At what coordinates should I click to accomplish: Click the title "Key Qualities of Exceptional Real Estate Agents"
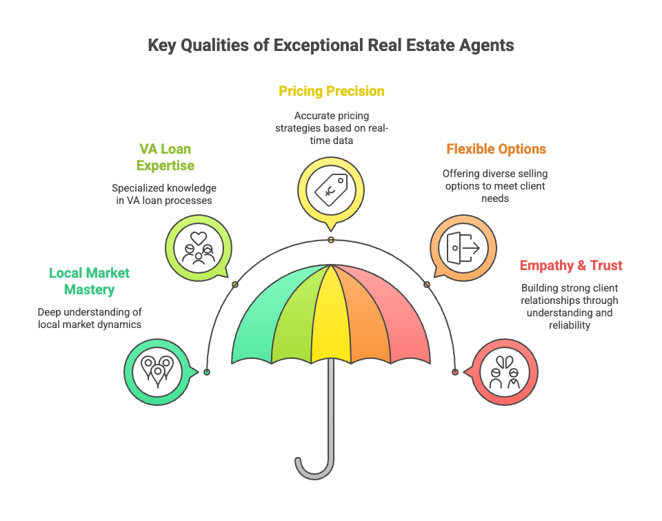point(331,46)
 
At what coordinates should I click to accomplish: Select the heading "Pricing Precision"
point(331,91)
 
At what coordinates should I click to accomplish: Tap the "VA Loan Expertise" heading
point(165,157)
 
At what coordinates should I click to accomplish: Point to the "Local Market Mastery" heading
point(90,281)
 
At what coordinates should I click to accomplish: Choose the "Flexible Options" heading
point(496,149)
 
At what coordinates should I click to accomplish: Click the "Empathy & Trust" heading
point(570,265)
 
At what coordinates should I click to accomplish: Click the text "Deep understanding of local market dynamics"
point(90,318)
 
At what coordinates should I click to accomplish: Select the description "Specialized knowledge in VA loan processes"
point(164,194)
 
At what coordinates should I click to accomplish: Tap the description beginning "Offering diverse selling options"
point(494,185)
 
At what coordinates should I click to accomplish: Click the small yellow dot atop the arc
point(331,239)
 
